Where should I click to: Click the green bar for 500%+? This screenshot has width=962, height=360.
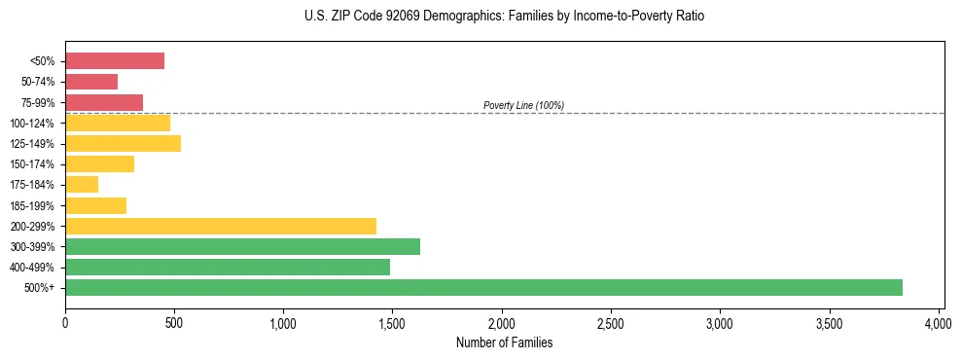pos(483,287)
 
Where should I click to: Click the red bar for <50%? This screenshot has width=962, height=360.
pos(115,61)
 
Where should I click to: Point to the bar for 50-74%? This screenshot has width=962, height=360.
pos(91,82)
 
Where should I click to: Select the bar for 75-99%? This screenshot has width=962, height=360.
pos(104,102)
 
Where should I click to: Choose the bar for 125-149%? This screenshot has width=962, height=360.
pos(123,144)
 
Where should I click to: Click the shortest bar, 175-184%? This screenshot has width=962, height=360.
pos(82,185)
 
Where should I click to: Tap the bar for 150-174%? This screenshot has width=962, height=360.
pos(99,164)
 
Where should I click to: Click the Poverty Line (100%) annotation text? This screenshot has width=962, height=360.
pos(523,105)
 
